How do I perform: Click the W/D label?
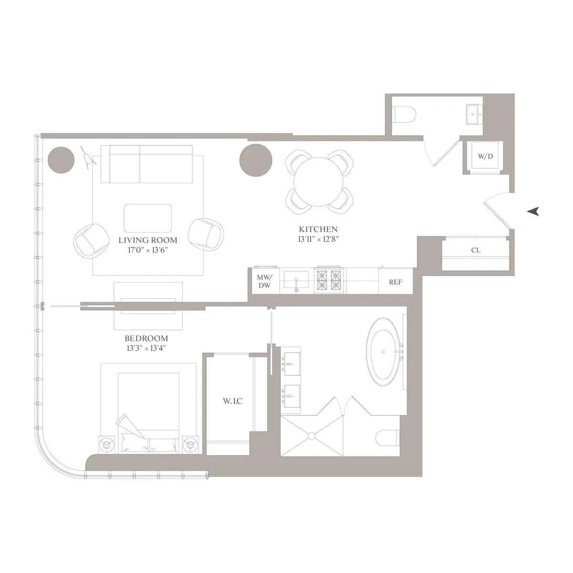click(x=485, y=157)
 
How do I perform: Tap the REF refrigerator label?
click(x=395, y=282)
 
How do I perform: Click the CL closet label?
click(x=476, y=250)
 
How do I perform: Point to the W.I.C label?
click(x=232, y=401)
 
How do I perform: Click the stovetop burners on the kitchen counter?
click(x=329, y=281)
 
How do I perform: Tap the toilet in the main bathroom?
click(x=387, y=437)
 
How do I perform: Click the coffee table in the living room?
click(x=148, y=218)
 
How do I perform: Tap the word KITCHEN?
click(x=318, y=230)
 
